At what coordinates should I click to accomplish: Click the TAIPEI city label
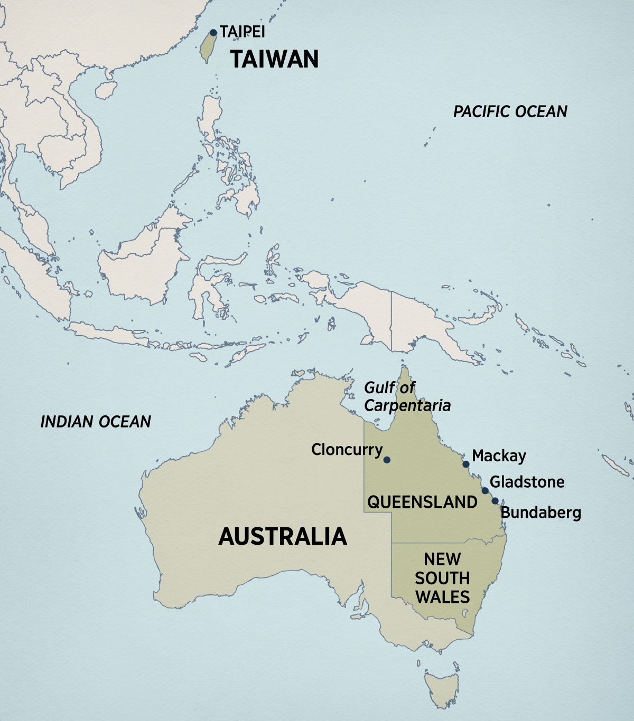tap(243, 32)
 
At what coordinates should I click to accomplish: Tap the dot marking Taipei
tap(213, 33)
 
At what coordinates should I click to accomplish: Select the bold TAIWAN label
tap(274, 59)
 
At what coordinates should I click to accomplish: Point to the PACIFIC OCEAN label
tap(510, 111)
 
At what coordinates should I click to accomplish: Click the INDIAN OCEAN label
tap(96, 421)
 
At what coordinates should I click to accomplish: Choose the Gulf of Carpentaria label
tap(407, 396)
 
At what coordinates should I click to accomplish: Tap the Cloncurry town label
tap(347, 450)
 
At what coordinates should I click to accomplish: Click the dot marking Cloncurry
tap(387, 460)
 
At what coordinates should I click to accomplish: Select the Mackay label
tap(499, 456)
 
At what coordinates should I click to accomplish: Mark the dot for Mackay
tap(466, 464)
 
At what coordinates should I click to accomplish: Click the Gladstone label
tap(527, 481)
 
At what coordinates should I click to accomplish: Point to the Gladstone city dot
tap(485, 491)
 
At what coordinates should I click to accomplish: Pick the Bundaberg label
tap(540, 513)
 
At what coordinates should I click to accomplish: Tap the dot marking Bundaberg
tap(495, 501)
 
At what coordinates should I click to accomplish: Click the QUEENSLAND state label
tap(422, 501)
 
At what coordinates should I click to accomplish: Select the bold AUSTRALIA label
tap(283, 536)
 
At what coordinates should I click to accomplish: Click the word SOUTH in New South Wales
tap(442, 578)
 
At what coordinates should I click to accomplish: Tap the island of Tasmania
tap(442, 686)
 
